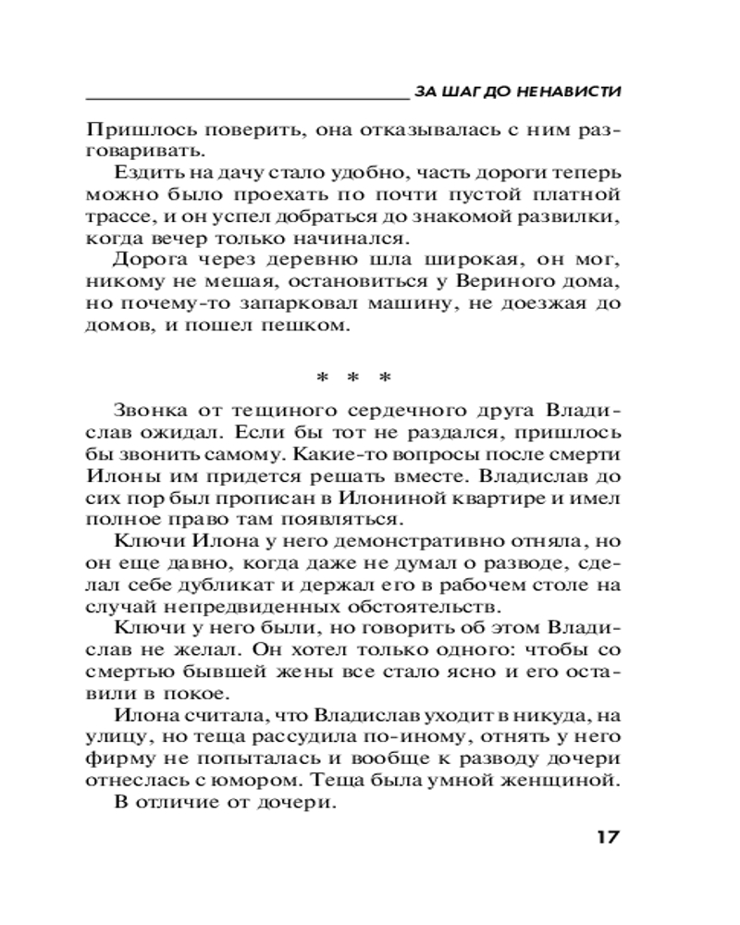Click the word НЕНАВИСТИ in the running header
pos(567,92)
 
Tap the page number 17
pos(604,837)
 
